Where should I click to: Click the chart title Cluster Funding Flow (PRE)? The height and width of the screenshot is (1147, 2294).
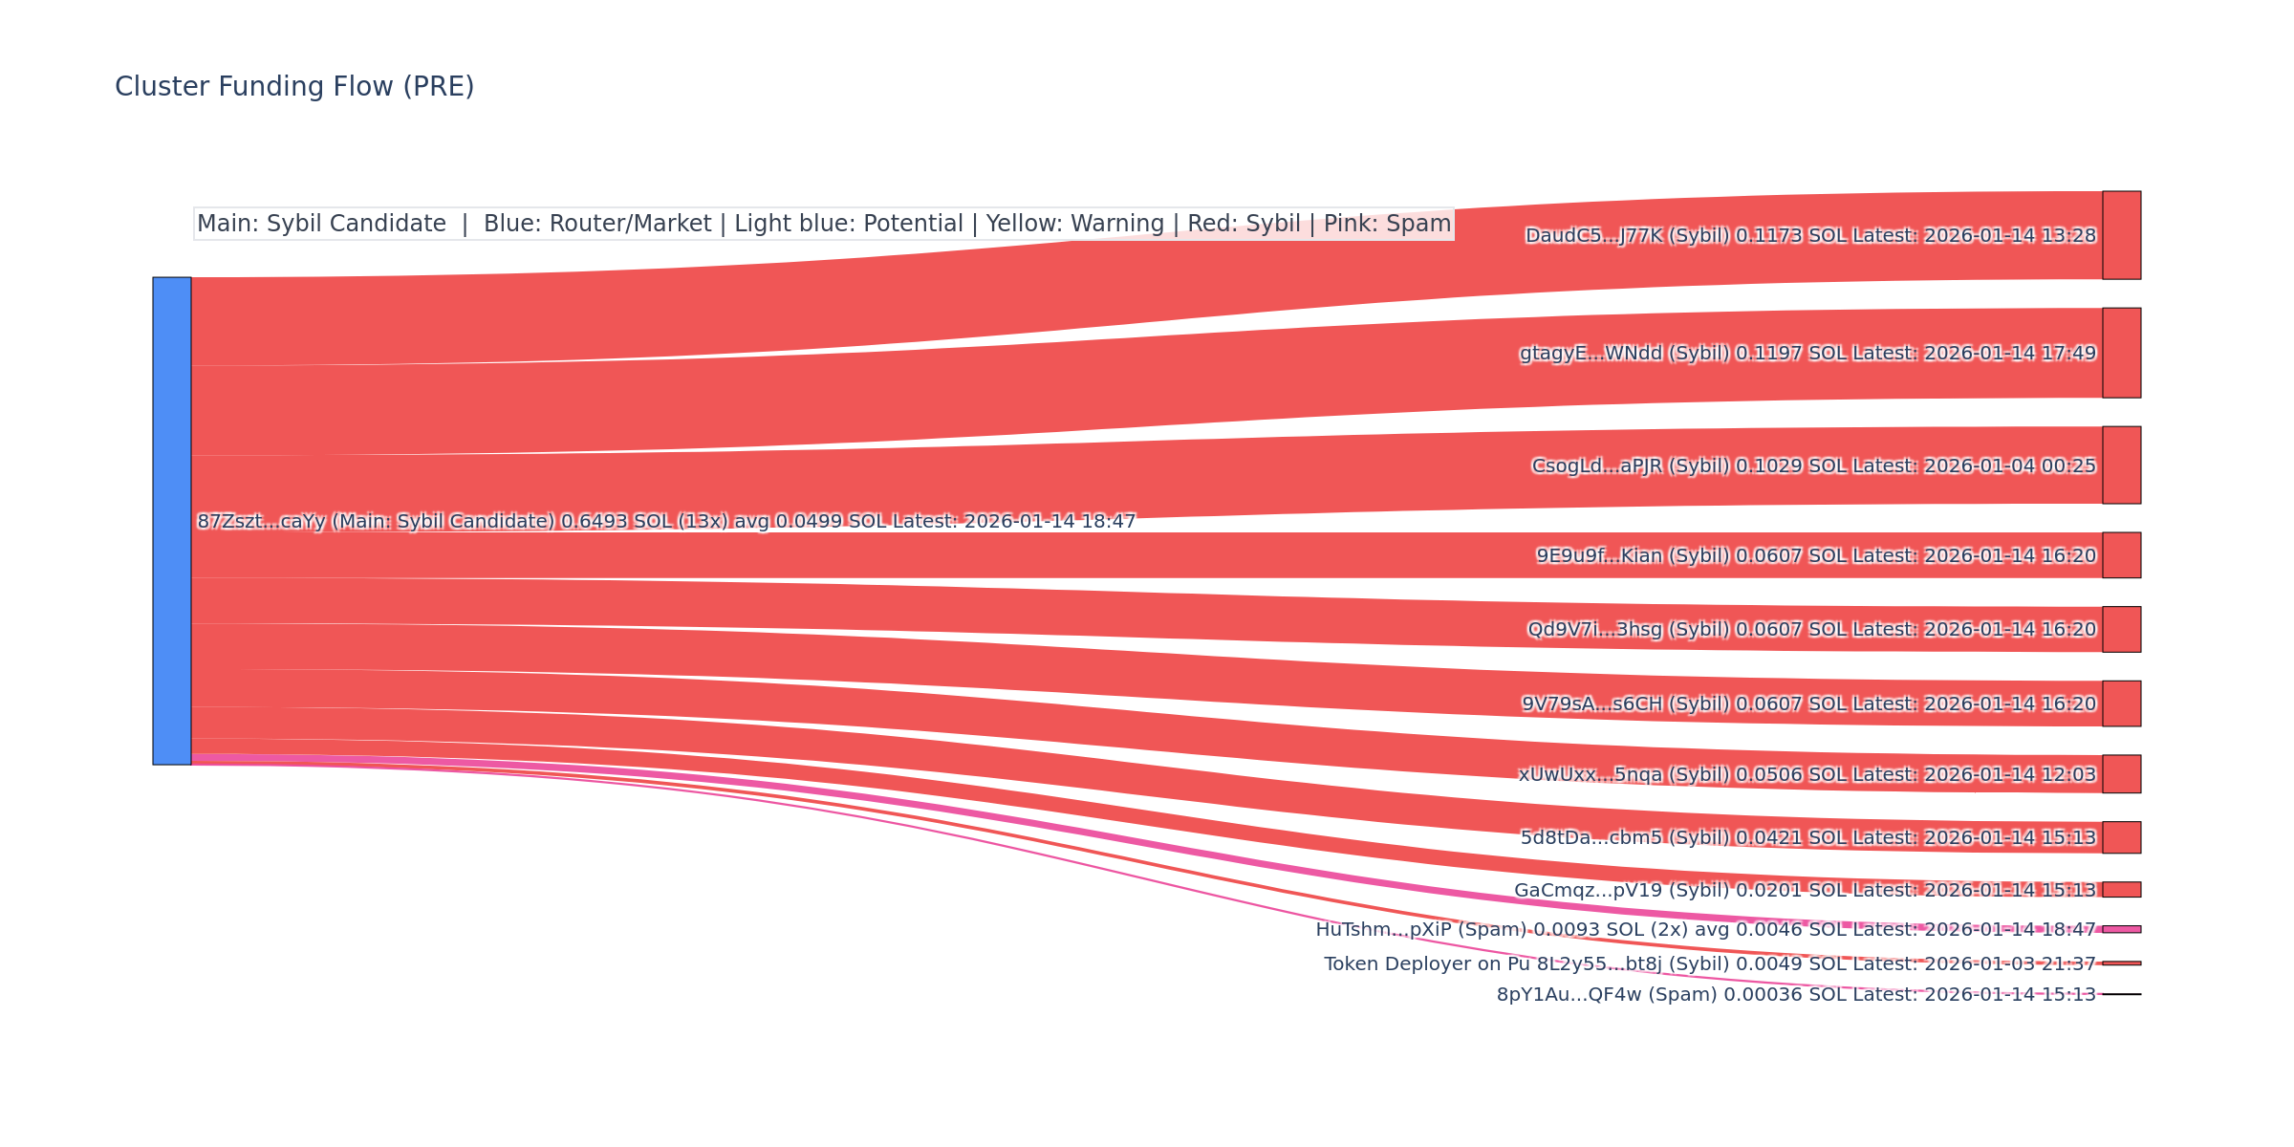click(x=294, y=87)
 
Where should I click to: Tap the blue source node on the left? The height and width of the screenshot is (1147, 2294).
click(x=172, y=521)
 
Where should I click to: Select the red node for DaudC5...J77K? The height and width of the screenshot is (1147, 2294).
click(x=2121, y=235)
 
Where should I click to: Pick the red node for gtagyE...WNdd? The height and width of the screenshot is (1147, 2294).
click(x=2121, y=353)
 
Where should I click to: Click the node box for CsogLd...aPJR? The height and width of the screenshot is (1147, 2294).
click(x=2121, y=465)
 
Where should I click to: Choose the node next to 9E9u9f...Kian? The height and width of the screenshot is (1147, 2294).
click(x=2121, y=555)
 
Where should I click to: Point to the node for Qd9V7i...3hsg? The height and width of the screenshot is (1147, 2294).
click(x=2121, y=629)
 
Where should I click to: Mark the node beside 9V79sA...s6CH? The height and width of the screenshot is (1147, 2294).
click(x=2121, y=703)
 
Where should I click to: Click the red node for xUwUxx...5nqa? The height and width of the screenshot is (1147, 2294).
click(x=2121, y=774)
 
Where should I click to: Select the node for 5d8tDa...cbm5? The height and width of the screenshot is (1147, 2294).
click(x=2121, y=837)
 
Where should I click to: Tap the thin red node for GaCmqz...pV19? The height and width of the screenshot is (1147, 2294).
click(x=2121, y=890)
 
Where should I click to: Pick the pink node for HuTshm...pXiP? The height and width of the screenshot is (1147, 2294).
click(x=2121, y=929)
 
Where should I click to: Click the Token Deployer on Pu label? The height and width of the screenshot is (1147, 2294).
click(x=1427, y=964)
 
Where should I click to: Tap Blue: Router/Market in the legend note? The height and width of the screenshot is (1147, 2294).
click(x=597, y=225)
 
